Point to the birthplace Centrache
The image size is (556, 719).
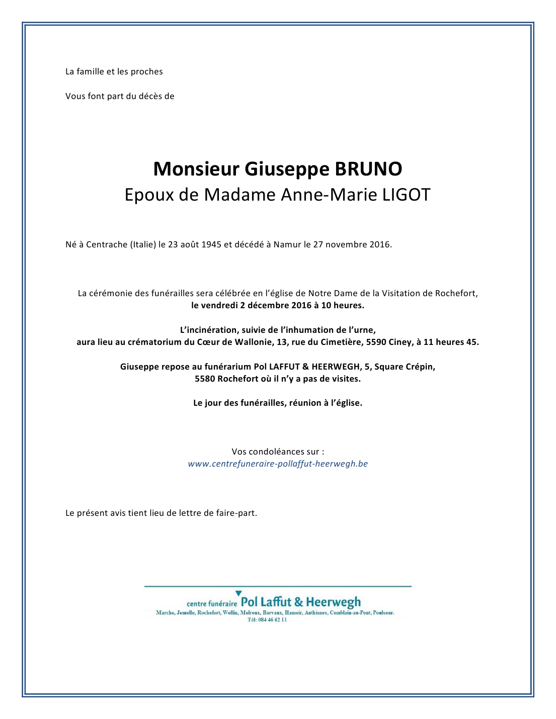[x=107, y=245]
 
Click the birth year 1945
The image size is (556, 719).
[x=211, y=245]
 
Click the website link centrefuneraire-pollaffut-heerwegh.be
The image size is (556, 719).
[x=278, y=464]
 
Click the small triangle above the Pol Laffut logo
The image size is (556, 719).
[x=239, y=594]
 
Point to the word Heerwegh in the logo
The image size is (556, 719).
[x=333, y=602]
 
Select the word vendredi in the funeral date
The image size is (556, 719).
[x=219, y=306]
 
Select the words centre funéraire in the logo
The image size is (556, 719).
[x=211, y=604]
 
